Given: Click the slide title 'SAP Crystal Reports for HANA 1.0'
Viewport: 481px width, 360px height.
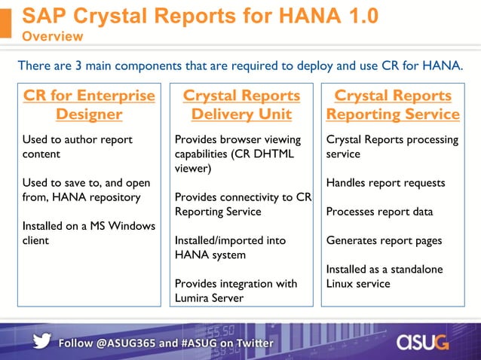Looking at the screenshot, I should click(200, 16).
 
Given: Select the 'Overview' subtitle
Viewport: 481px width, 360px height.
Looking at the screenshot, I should click(53, 37).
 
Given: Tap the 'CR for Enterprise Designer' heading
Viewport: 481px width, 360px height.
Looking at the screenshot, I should click(89, 105).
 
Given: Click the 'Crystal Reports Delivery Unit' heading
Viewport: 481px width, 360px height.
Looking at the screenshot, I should click(241, 105).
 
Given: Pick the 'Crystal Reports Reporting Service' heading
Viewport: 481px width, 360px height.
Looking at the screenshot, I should click(393, 105).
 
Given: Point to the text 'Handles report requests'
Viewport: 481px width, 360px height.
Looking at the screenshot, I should click(385, 183).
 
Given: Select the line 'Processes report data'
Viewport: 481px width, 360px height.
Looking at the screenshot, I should click(379, 212).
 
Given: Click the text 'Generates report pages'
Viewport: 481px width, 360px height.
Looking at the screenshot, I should click(384, 240).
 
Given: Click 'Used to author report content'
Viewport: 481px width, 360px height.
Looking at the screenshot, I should click(78, 147).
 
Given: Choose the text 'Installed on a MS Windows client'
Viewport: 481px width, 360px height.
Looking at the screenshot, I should click(89, 233).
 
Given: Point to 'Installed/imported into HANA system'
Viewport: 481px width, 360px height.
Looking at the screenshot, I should click(220, 248).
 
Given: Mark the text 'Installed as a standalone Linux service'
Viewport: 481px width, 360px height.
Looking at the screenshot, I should click(384, 276).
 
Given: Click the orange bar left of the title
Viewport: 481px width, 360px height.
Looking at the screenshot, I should click(6, 22).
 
